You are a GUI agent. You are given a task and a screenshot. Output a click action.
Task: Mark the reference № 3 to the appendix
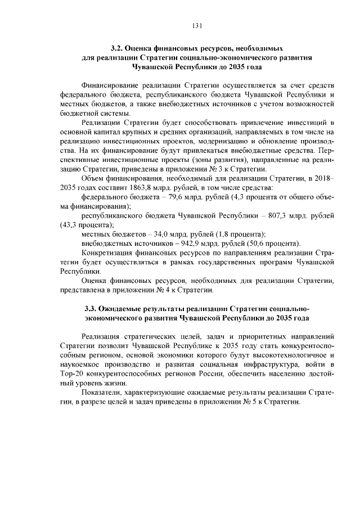click(215, 169)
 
